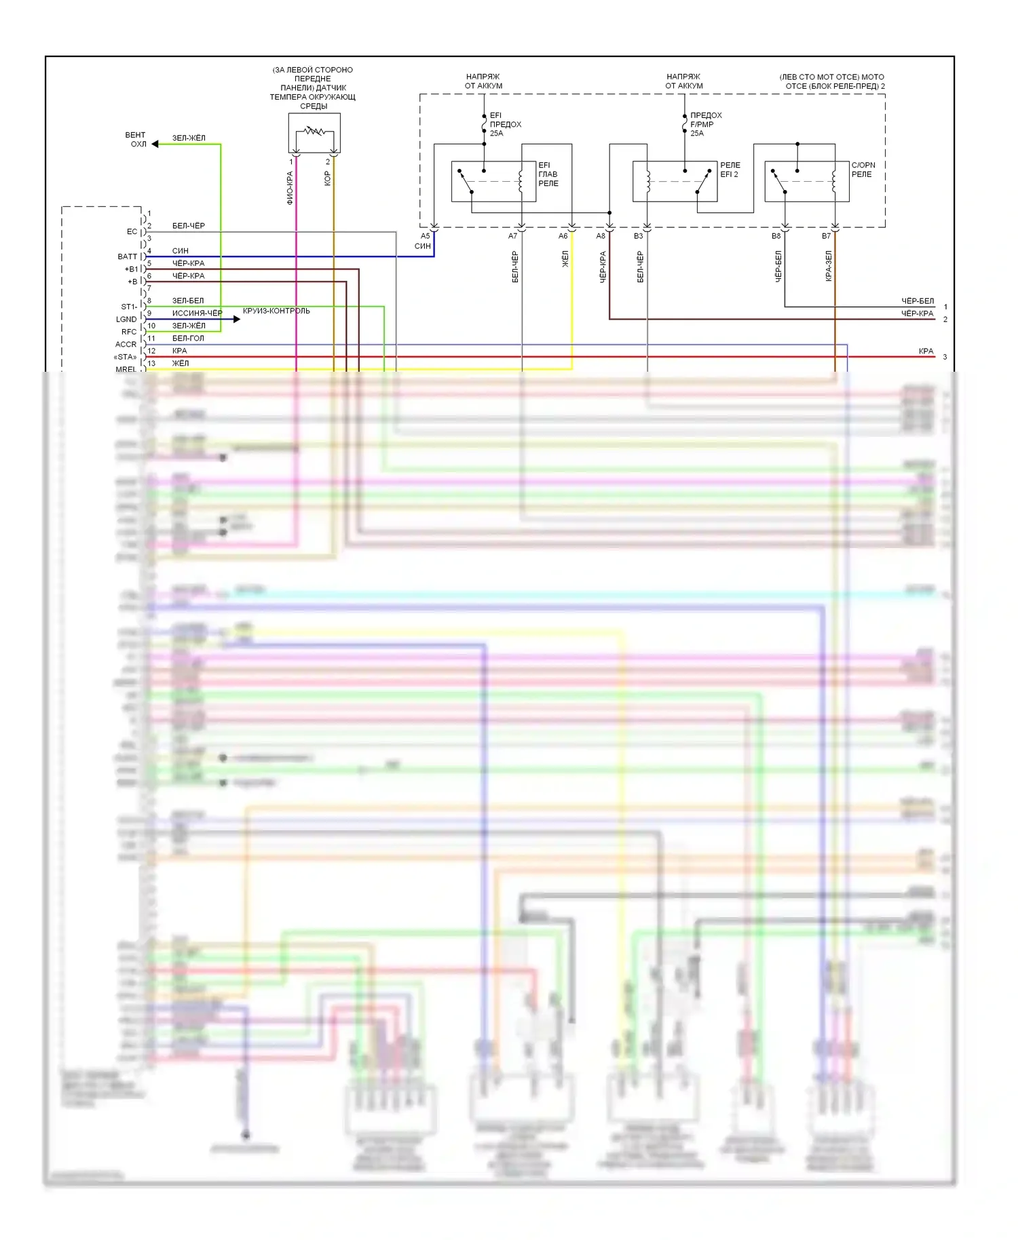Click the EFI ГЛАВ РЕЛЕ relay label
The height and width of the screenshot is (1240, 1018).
point(548,174)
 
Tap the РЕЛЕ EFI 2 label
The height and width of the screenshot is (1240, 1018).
point(730,170)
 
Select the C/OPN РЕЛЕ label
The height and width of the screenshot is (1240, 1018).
point(863,170)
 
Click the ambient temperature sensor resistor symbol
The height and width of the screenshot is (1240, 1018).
point(314,131)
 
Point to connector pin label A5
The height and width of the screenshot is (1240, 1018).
point(425,236)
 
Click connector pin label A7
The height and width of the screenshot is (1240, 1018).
point(512,236)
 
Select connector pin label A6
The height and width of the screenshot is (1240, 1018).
point(563,236)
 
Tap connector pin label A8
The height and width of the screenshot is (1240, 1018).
point(601,236)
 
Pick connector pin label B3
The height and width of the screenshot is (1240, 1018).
point(638,236)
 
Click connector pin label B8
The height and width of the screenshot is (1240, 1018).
point(776,236)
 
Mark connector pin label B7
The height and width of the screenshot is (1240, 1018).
point(826,236)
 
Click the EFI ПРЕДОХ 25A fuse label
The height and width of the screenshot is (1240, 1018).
point(505,124)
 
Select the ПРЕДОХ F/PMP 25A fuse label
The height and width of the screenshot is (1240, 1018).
point(705,124)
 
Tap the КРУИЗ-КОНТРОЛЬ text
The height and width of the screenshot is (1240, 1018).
point(276,311)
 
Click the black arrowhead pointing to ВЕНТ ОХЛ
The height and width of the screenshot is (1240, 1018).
point(155,144)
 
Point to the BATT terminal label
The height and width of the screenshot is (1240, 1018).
point(127,256)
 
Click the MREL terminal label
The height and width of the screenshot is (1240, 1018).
point(126,369)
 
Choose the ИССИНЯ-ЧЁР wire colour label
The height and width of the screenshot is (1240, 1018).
point(197,313)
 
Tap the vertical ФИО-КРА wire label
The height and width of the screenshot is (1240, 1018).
point(290,188)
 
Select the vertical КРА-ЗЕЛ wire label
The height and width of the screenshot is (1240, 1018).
point(829,266)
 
